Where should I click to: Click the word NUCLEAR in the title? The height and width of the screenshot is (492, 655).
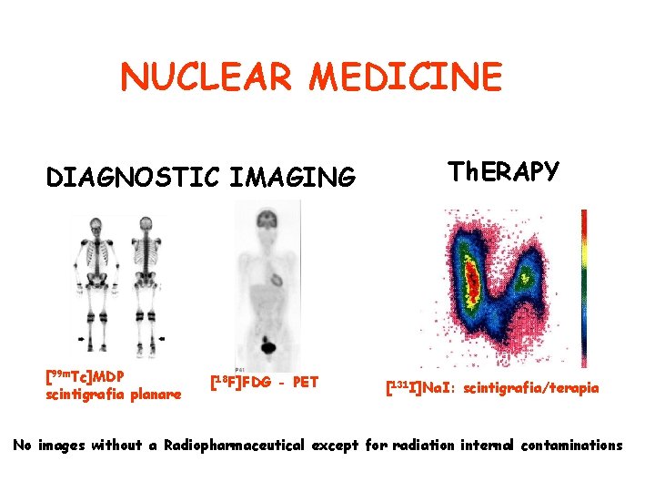[207, 77]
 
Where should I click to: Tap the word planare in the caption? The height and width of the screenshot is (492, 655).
[155, 395]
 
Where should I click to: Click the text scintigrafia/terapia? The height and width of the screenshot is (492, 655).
[531, 388]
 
